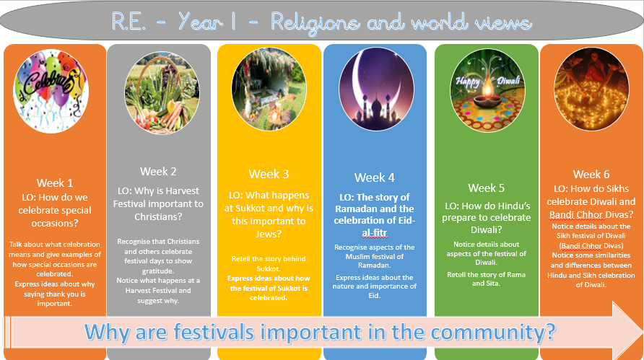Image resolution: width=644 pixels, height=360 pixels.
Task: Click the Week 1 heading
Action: click(x=55, y=183)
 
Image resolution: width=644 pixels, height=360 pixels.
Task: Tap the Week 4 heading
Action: click(x=375, y=177)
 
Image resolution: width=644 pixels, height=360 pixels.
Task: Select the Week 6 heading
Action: click(x=591, y=174)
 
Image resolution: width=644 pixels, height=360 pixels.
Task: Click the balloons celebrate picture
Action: click(x=51, y=91)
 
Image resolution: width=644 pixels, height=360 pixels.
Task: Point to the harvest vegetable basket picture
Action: click(x=162, y=93)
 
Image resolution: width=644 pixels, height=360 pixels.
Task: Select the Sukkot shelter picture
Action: click(x=269, y=89)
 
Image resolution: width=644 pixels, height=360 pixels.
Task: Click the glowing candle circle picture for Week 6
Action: click(x=591, y=89)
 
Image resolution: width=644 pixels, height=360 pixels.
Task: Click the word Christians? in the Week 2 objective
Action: click(x=158, y=216)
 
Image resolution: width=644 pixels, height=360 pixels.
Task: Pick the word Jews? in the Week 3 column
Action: click(x=269, y=234)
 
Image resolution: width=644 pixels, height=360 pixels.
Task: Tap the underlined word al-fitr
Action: click(x=374, y=233)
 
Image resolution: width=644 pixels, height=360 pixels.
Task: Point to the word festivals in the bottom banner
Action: click(x=214, y=332)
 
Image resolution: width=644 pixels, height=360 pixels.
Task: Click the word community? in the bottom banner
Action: click(x=493, y=332)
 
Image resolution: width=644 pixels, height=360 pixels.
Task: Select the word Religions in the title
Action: click(x=315, y=22)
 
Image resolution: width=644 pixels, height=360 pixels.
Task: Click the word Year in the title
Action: click(x=201, y=22)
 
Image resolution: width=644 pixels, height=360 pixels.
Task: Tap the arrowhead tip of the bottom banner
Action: click(x=643, y=330)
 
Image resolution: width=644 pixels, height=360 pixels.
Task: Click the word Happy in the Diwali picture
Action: click(x=467, y=82)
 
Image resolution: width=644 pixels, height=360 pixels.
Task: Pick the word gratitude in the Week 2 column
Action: click(x=158, y=271)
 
